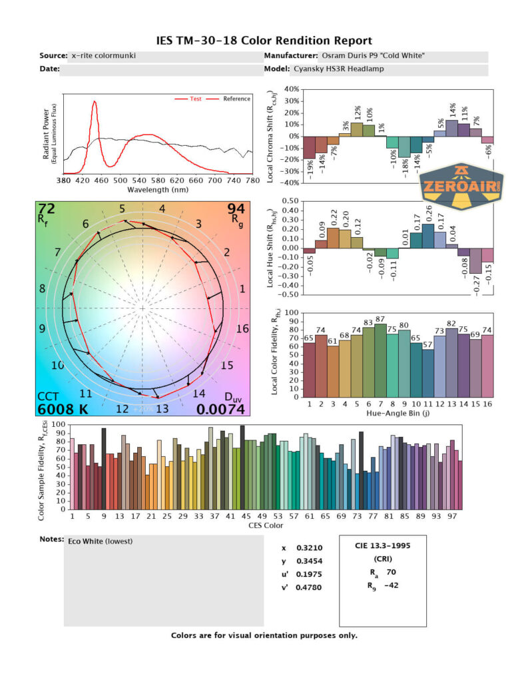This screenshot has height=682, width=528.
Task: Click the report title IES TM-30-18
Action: [x=264, y=41]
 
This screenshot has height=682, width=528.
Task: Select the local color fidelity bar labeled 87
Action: [x=380, y=360]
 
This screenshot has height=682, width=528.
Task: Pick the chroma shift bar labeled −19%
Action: [x=309, y=147]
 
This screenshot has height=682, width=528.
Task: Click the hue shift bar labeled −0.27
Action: [x=475, y=260]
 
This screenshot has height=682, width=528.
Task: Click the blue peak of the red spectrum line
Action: [x=95, y=102]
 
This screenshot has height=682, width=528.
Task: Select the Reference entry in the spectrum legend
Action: [x=236, y=99]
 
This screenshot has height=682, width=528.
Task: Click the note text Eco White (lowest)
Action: [x=101, y=541]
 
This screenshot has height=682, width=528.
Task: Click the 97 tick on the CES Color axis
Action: [x=453, y=516]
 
